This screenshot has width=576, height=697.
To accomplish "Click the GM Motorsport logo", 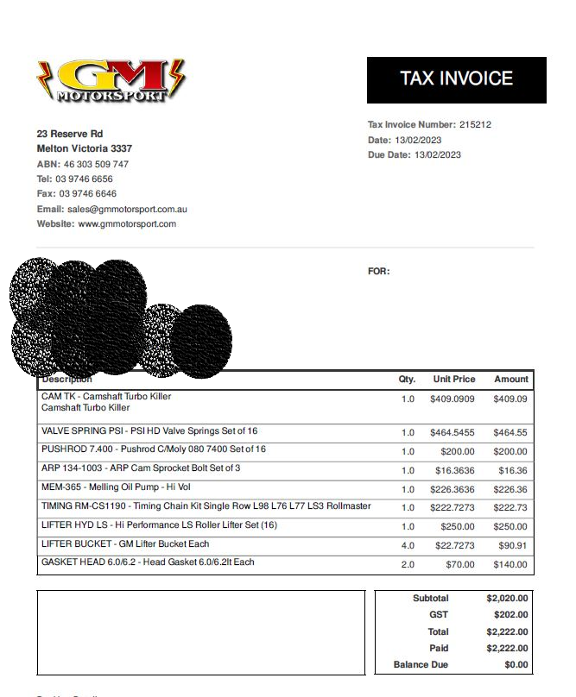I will tap(111, 81).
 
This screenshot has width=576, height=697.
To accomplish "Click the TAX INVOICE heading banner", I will tap(456, 79).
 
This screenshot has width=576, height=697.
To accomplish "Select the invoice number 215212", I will tap(475, 125).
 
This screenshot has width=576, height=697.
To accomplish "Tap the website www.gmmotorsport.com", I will tap(127, 224).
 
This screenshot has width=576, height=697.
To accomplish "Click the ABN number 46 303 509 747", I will tap(96, 164).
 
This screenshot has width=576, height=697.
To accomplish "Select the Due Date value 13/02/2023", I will tap(438, 155).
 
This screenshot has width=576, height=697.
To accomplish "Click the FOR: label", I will tap(379, 272).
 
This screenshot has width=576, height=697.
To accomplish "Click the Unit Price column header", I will tap(453, 380).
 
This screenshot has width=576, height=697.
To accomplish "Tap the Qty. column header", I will tap(407, 380).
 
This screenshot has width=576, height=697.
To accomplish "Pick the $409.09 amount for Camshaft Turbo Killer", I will tap(510, 399).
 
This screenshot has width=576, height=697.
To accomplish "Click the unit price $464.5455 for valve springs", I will tap(453, 433).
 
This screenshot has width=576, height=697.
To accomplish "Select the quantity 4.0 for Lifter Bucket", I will tap(408, 546).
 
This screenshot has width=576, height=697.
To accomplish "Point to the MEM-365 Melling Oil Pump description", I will tap(116, 487).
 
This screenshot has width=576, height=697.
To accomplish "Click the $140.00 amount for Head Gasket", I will tap(510, 565).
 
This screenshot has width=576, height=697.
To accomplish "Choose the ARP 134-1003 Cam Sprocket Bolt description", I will tap(141, 468).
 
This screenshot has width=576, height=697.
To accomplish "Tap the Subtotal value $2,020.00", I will tap(507, 599).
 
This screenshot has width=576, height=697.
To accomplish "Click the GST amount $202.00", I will tap(510, 615).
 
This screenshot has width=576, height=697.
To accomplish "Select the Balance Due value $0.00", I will tap(516, 665).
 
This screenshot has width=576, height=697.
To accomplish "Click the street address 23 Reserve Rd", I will tap(70, 134).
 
